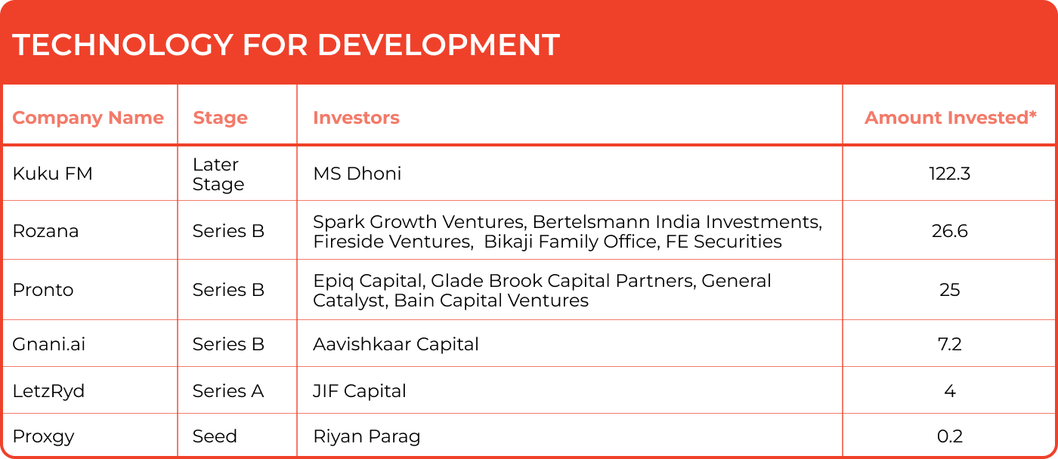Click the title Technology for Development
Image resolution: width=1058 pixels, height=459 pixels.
pyautogui.click(x=286, y=45)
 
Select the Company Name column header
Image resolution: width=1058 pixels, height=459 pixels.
pyautogui.click(x=88, y=118)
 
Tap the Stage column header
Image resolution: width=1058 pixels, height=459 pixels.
pyautogui.click(x=220, y=118)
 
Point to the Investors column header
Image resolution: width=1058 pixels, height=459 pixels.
pyautogui.click(x=356, y=118)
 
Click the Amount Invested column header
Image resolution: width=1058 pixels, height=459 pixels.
pyautogui.click(x=951, y=118)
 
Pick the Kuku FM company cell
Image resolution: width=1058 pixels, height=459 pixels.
pyautogui.click(x=52, y=174)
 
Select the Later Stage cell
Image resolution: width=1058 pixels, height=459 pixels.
pyautogui.click(x=218, y=174)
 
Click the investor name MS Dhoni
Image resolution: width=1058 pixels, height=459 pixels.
pyautogui.click(x=357, y=174)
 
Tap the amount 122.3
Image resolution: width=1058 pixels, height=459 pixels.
pyautogui.click(x=949, y=174)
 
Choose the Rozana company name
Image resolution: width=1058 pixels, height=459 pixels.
pyautogui.click(x=45, y=231)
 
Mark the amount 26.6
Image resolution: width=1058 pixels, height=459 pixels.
pyautogui.click(x=949, y=231)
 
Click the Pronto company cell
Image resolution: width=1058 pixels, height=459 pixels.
pyautogui.click(x=43, y=290)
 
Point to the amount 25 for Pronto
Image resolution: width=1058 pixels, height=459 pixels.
pyautogui.click(x=949, y=290)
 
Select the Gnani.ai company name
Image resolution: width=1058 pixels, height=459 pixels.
pyautogui.click(x=48, y=344)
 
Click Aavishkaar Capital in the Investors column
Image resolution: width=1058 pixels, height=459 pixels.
pyautogui.click(x=396, y=344)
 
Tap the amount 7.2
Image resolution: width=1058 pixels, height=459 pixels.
pyautogui.click(x=949, y=344)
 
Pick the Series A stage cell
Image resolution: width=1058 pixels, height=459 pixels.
pyautogui.click(x=228, y=391)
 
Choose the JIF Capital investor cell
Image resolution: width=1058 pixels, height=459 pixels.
pyautogui.click(x=360, y=391)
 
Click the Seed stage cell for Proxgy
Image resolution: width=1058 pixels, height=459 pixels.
pyautogui.click(x=215, y=436)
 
